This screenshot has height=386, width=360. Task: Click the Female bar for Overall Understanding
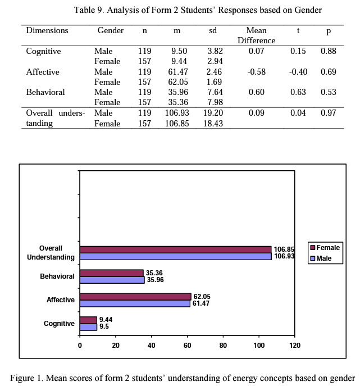point(175,249)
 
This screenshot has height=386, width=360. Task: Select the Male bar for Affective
point(135,303)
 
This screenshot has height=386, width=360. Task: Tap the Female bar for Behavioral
point(111,273)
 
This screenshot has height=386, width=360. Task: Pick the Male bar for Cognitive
point(88,327)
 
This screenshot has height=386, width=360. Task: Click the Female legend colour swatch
point(313,248)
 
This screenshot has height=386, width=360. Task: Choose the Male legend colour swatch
point(313,258)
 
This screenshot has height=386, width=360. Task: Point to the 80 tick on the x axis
point(223,345)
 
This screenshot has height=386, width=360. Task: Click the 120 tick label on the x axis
point(294,345)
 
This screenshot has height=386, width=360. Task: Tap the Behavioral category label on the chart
point(57,276)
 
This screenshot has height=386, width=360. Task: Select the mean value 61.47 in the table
point(179,72)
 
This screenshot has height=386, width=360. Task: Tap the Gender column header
point(111,30)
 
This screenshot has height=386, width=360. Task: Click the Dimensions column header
point(47,30)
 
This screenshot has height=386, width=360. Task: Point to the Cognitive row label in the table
point(44,51)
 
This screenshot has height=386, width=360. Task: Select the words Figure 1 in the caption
point(26,376)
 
